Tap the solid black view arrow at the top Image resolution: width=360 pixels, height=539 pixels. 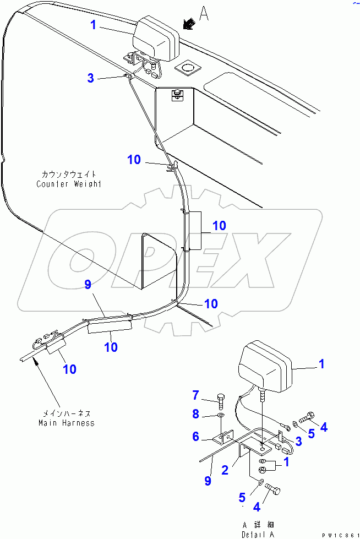(x=188, y=24)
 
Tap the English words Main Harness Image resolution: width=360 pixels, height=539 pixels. (x=66, y=423)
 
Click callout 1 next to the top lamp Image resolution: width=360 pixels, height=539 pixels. (x=94, y=25)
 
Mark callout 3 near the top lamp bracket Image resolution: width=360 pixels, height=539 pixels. (x=91, y=78)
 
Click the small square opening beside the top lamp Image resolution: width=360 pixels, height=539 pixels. (x=186, y=68)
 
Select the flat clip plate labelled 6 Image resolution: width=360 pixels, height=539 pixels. (x=222, y=438)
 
